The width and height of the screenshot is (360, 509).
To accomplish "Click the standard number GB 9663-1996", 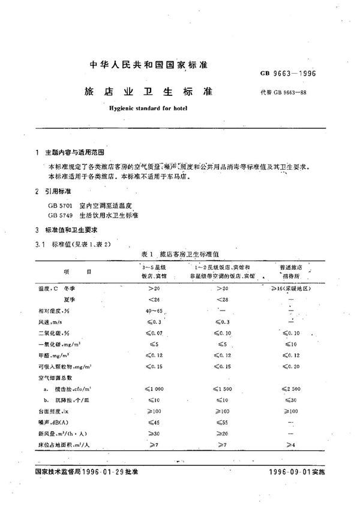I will (292, 74).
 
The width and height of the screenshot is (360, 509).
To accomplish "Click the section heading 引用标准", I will (58, 191).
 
